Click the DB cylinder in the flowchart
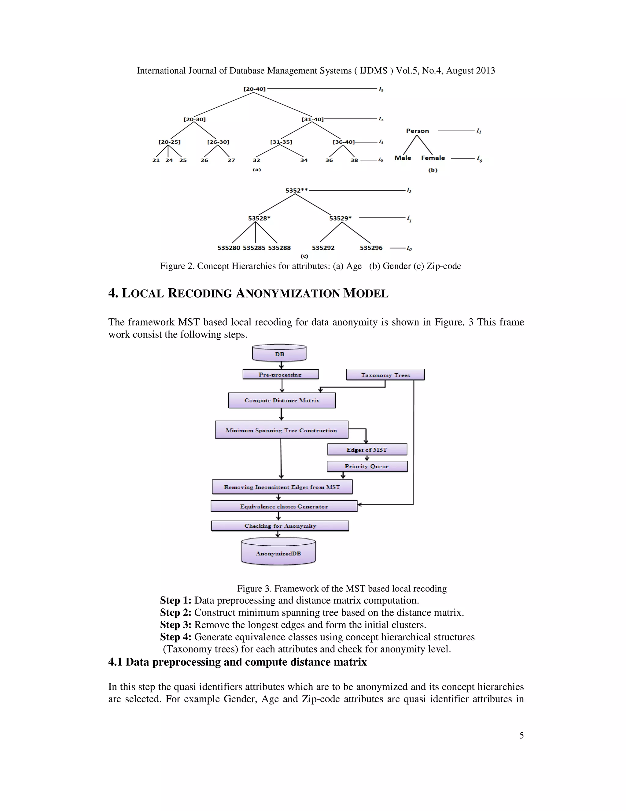tap(279, 353)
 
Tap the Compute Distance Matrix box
tap(282, 400)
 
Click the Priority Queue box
tap(367, 466)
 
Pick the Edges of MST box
tap(367, 450)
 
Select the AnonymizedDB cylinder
tap(278, 553)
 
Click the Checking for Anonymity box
tap(280, 526)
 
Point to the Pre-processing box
tap(280, 374)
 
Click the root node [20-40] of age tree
tap(254, 89)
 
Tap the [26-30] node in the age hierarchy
tap(218, 142)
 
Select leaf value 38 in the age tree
tap(354, 160)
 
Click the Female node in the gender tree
tap(433, 158)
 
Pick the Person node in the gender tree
tap(417, 131)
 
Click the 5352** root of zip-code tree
tap(296, 190)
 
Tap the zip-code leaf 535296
tap(371, 248)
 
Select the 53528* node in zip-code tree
tap(259, 218)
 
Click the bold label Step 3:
tap(176, 625)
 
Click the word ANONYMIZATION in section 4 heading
tap(288, 293)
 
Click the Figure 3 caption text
tap(341, 589)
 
